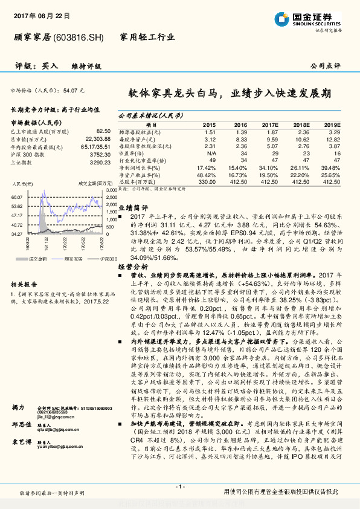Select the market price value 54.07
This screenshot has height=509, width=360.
click(x=69, y=90)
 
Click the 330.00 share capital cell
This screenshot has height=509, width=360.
click(x=207, y=181)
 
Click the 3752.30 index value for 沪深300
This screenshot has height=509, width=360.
click(x=100, y=154)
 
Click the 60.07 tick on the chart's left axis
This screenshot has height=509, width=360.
click(x=17, y=197)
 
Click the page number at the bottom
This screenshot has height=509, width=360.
click(x=179, y=487)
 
